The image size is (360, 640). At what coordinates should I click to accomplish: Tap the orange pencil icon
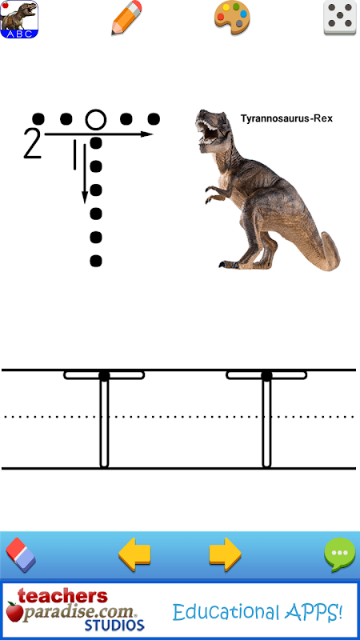point(126,18)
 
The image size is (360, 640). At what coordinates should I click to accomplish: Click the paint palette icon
point(232,18)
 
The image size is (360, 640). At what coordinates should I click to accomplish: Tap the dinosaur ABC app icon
point(18,19)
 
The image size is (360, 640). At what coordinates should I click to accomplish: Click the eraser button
point(21,555)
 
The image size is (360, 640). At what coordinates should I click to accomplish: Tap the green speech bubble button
point(339,554)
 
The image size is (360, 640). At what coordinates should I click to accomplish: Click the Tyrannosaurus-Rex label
point(286,118)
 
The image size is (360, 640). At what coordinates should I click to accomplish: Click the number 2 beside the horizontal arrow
point(33,144)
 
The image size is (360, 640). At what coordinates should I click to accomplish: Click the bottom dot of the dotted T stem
point(95,261)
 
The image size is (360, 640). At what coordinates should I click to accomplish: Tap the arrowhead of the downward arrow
point(85,197)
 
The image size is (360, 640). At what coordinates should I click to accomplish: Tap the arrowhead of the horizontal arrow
point(147,134)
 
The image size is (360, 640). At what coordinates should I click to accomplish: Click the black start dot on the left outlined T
point(104,376)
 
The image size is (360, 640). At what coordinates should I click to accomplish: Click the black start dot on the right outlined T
point(266,376)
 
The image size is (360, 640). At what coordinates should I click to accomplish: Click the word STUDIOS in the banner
point(114,626)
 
